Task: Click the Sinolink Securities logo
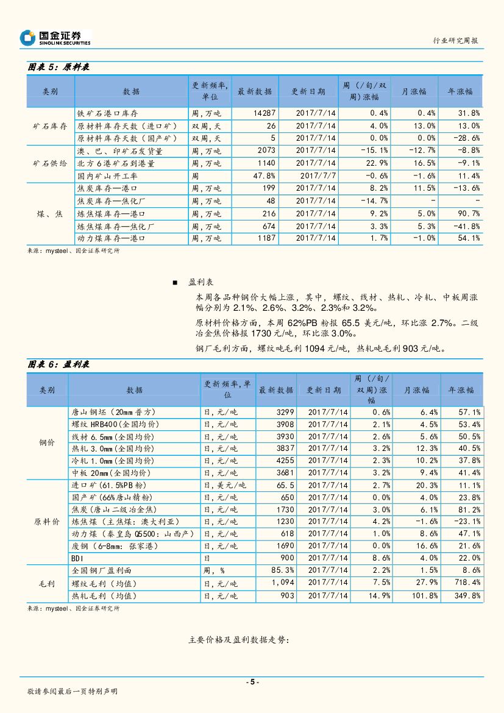(x=55, y=38)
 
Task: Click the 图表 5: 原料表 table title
(x=59, y=68)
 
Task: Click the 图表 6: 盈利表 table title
(x=59, y=364)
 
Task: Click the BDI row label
(x=77, y=558)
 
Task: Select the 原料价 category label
(x=47, y=522)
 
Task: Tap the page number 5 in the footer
(x=252, y=682)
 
